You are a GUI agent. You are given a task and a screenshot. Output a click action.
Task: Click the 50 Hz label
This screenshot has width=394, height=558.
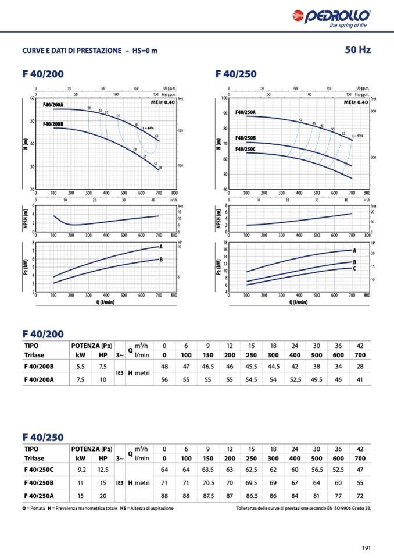tap(357, 50)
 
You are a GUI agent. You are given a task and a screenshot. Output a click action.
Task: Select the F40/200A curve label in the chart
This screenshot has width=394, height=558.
tap(53, 105)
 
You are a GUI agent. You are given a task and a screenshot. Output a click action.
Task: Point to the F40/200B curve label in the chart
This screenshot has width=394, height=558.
tap(53, 124)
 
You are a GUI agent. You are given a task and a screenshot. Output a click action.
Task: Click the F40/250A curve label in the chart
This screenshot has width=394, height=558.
tap(246, 112)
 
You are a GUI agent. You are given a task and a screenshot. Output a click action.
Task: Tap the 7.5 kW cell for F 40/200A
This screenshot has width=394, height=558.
tap(81, 379)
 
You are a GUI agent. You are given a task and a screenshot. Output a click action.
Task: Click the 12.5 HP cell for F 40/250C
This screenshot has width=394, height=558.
tap(103, 470)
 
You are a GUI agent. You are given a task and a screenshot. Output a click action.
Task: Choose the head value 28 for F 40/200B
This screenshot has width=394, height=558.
tap(360, 367)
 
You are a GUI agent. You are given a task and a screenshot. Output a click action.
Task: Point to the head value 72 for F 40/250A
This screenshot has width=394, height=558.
tap(360, 495)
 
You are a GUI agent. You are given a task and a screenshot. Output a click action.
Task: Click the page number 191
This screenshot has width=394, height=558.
tap(366, 547)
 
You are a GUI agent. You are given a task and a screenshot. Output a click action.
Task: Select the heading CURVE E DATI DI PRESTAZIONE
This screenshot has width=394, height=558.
tap(72, 51)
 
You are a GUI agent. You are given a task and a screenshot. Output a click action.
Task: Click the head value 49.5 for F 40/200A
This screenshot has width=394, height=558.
tap(316, 379)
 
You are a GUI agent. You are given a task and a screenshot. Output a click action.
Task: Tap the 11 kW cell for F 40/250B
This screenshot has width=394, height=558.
tap(81, 482)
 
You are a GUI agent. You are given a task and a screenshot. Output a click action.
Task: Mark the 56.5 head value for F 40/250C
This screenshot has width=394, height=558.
tap(316, 470)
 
